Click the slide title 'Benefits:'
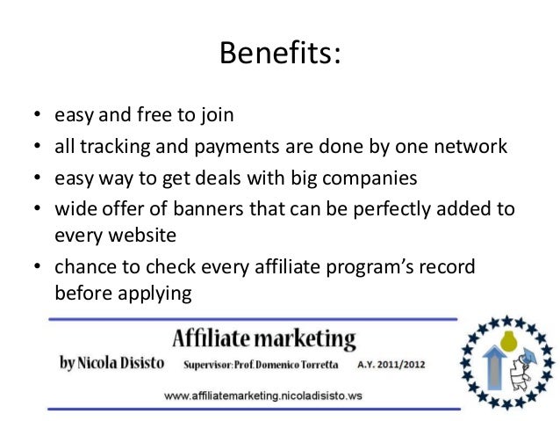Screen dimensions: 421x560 click(x=279, y=55)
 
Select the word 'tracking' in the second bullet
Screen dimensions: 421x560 click(x=110, y=146)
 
